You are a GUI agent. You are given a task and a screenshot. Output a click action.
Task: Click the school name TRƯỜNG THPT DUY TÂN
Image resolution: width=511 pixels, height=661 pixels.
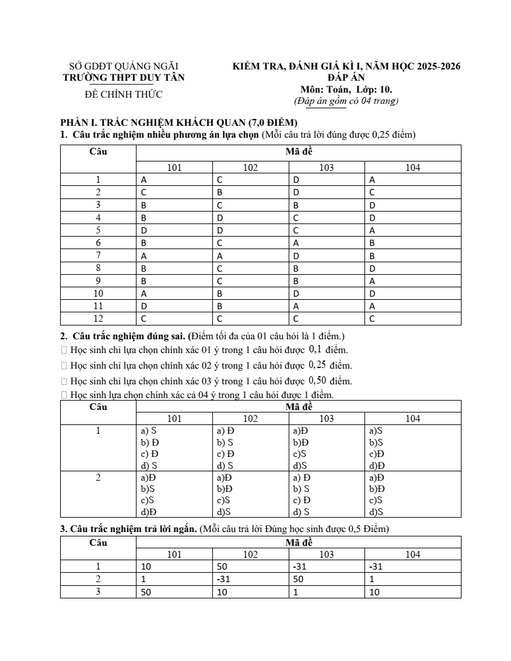point(124,78)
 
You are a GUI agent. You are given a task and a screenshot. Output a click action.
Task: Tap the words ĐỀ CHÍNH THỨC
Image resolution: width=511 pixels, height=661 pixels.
point(123,95)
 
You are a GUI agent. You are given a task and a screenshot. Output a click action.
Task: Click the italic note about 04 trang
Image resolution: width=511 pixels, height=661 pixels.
point(346,100)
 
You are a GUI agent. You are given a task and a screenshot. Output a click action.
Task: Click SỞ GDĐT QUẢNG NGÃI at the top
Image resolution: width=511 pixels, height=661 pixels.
point(123,66)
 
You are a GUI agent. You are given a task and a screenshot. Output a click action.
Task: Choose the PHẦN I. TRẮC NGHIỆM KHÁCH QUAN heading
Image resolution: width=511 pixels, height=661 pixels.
point(178,122)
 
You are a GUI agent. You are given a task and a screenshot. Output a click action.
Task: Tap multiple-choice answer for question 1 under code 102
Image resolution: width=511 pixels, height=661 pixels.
point(220,180)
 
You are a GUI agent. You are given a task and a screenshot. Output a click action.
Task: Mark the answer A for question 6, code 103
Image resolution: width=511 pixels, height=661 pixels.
point(296,243)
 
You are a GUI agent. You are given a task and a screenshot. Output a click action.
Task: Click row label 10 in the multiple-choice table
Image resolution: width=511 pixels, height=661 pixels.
point(98,293)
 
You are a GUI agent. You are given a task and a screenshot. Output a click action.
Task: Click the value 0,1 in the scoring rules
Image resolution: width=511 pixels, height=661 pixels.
point(315,349)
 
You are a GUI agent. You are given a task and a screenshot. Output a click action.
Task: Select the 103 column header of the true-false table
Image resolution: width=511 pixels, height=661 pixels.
point(326,419)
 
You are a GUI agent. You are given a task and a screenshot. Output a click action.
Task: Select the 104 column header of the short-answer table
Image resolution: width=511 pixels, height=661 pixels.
point(413,554)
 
